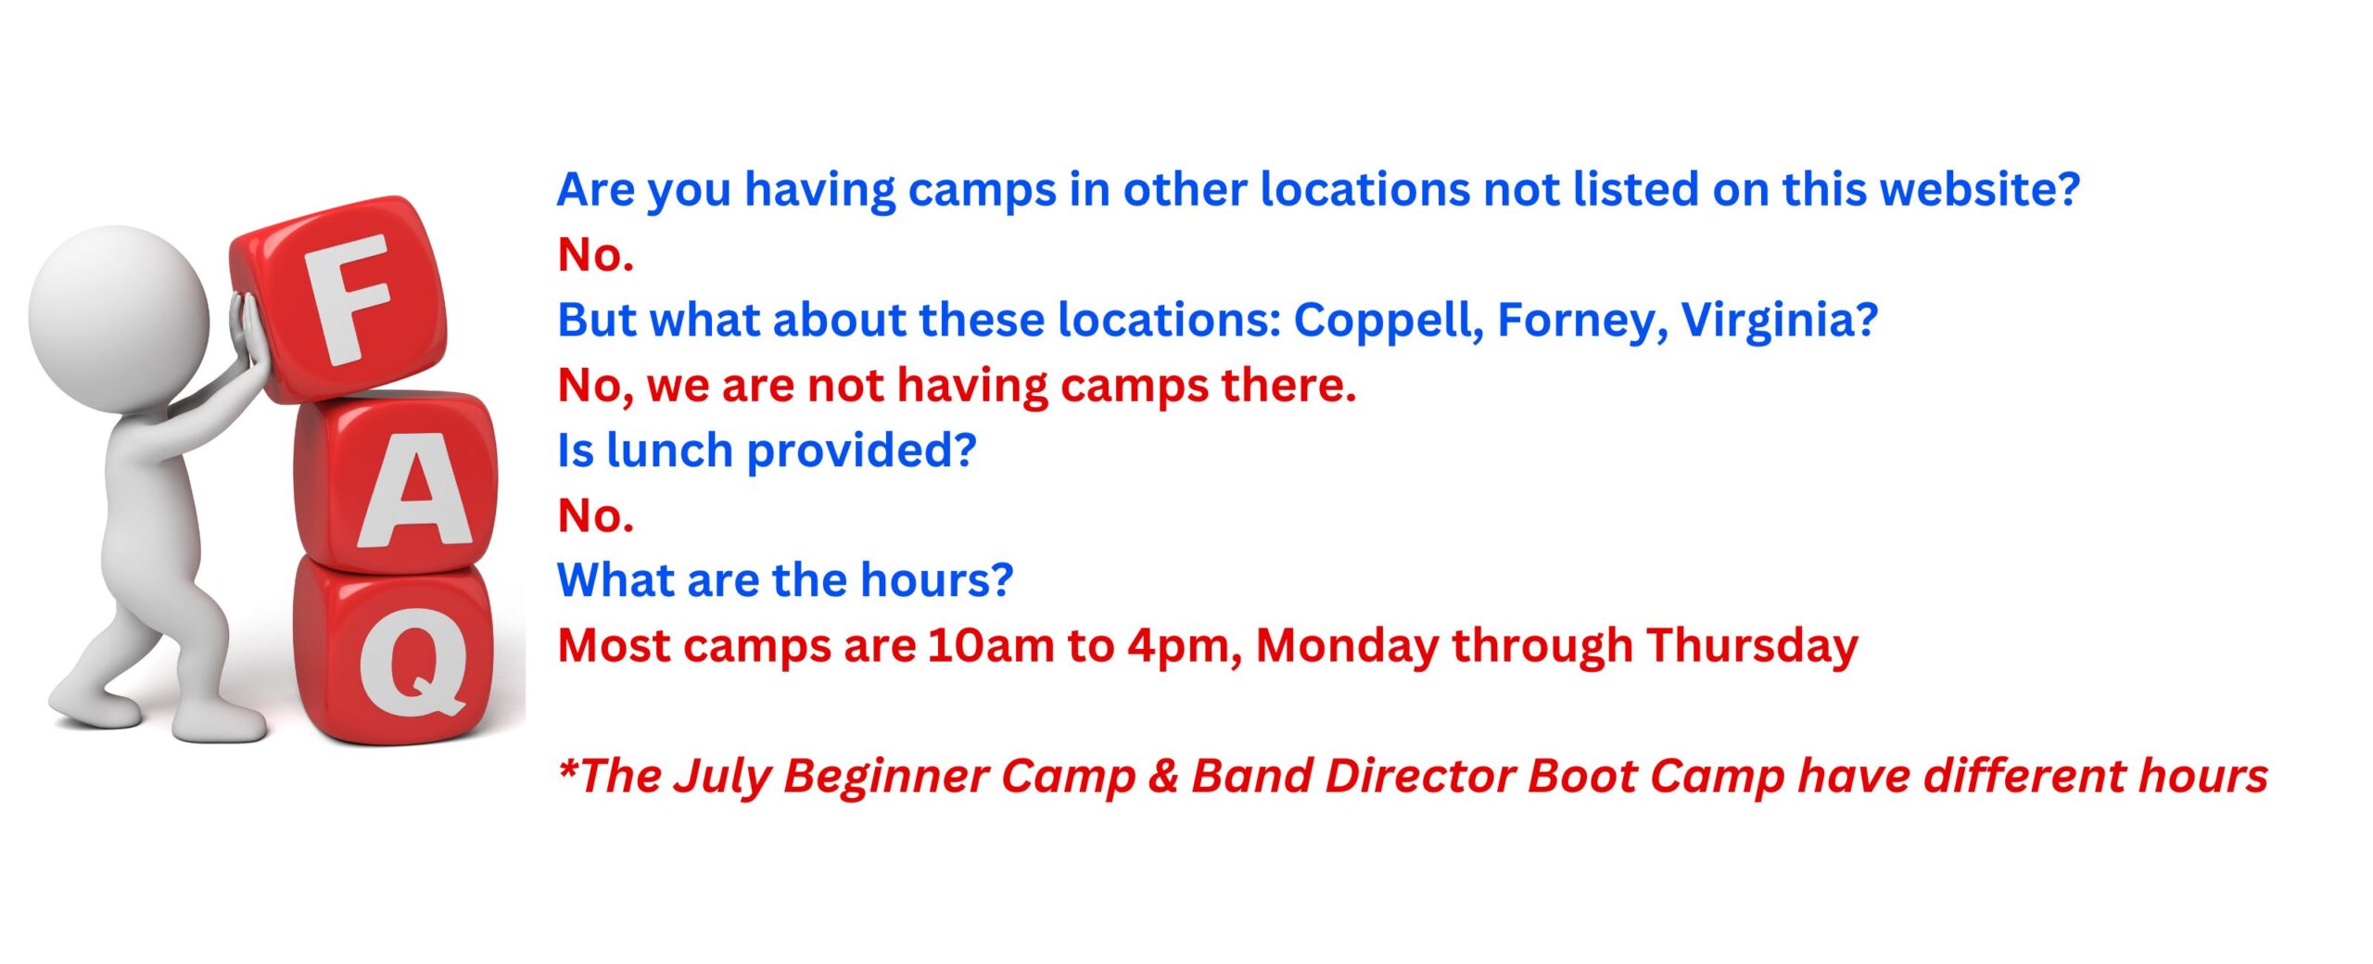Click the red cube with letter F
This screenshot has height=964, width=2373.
tap(338, 298)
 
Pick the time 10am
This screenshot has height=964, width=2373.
tap(990, 645)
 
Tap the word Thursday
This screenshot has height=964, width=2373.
tap(1752, 645)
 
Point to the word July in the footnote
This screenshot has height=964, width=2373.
tap(721, 777)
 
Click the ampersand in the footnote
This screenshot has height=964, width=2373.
tap(1162, 777)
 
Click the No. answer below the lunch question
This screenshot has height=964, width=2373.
tap(595, 515)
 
